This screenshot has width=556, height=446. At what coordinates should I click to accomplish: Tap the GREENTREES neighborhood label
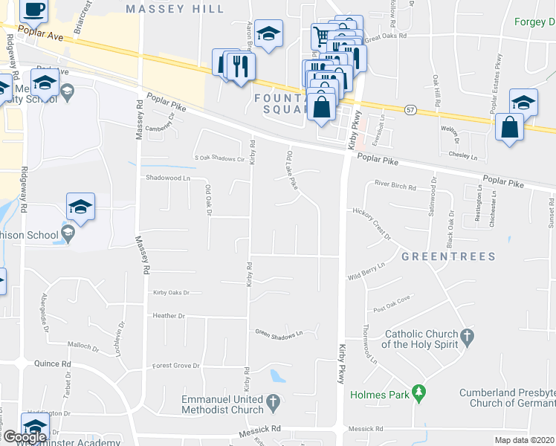coord(448,256)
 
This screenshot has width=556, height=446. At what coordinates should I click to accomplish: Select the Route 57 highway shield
coord(410,110)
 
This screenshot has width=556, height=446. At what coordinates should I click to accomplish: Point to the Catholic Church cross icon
coord(467,338)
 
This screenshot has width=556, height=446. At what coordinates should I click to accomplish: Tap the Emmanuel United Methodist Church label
coord(223,404)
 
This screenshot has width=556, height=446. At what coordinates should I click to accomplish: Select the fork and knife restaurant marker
coord(241,67)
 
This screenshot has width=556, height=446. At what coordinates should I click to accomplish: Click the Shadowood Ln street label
coord(168,178)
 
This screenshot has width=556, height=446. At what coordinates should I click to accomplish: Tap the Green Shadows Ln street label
coord(279,333)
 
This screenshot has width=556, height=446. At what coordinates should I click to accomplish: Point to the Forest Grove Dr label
coord(176,366)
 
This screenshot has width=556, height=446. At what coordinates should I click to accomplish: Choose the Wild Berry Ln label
coord(366,271)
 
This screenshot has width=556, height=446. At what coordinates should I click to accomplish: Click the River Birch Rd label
coord(395,185)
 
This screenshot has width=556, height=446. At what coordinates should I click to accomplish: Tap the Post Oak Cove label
coord(392,305)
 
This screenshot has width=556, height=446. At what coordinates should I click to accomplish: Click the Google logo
coord(24,437)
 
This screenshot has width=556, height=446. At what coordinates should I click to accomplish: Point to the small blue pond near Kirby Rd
coord(278,376)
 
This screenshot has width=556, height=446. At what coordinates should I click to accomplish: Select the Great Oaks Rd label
coord(387,35)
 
